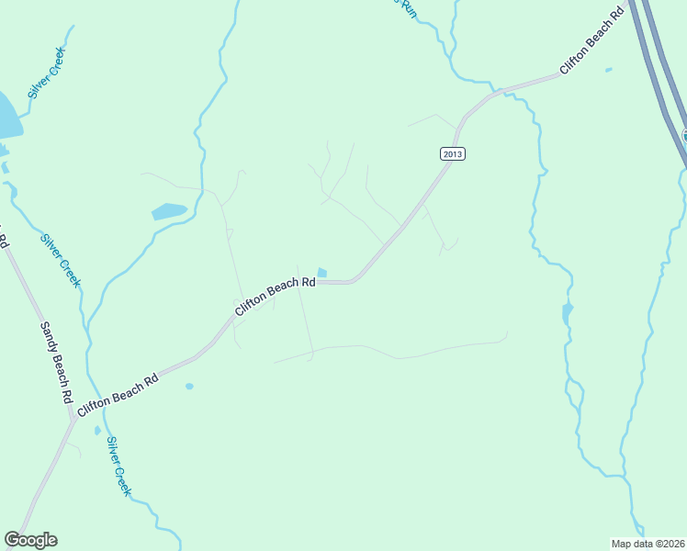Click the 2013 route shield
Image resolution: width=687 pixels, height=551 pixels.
click(x=452, y=153)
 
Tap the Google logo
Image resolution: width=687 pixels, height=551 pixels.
click(x=31, y=539)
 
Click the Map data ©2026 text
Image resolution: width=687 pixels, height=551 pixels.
click(x=648, y=544)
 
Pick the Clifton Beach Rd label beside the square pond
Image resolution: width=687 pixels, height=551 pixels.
click(x=275, y=298)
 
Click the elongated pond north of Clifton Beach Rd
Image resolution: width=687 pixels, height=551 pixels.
click(x=169, y=211)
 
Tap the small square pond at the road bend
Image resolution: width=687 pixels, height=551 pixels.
click(x=321, y=273)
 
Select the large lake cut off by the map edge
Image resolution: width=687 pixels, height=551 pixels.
click(x=7, y=115)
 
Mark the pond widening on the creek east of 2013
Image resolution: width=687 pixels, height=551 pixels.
click(x=567, y=314)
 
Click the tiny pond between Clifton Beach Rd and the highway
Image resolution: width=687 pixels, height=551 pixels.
click(x=608, y=70)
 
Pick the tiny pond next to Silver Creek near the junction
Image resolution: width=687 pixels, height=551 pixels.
click(x=97, y=431)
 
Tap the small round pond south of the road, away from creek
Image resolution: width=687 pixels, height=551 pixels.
click(x=189, y=387)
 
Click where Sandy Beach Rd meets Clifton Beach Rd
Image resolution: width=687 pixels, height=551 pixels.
click(x=71, y=422)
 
